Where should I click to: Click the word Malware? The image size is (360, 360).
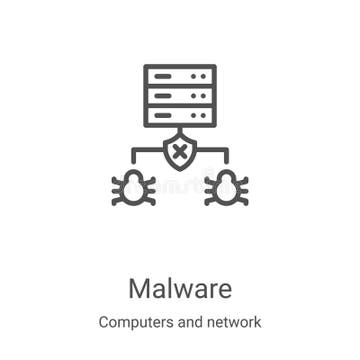(180, 288)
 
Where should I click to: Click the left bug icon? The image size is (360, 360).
(133, 187)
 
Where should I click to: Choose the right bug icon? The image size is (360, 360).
(226, 187)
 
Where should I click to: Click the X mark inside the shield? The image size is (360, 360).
(180, 152)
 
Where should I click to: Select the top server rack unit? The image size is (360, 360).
(180, 76)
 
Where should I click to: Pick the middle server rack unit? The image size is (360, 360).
(180, 95)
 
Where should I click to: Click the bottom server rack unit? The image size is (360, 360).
(180, 115)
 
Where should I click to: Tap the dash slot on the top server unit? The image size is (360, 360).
(164, 76)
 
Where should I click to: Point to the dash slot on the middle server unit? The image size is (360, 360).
(164, 95)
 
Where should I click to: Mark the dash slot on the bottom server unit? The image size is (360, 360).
(164, 115)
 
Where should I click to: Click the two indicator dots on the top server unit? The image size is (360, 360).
(199, 76)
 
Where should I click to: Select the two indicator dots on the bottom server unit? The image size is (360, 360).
(199, 115)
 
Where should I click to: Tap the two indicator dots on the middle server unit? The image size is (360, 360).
(199, 95)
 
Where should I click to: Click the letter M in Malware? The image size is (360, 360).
(139, 288)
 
